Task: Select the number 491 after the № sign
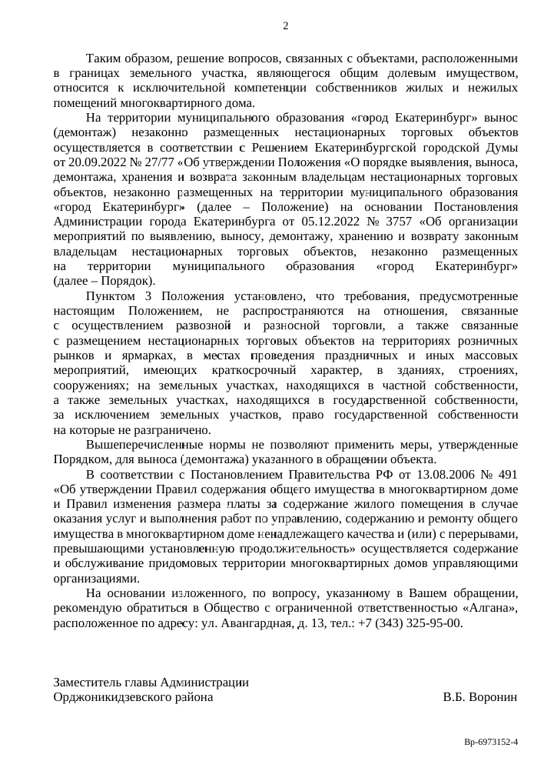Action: tap(506, 475)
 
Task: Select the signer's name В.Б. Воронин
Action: tap(479, 696)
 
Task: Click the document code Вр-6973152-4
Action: tap(491, 742)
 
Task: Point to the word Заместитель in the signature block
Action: tap(91, 682)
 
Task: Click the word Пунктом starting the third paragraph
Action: tap(112, 296)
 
